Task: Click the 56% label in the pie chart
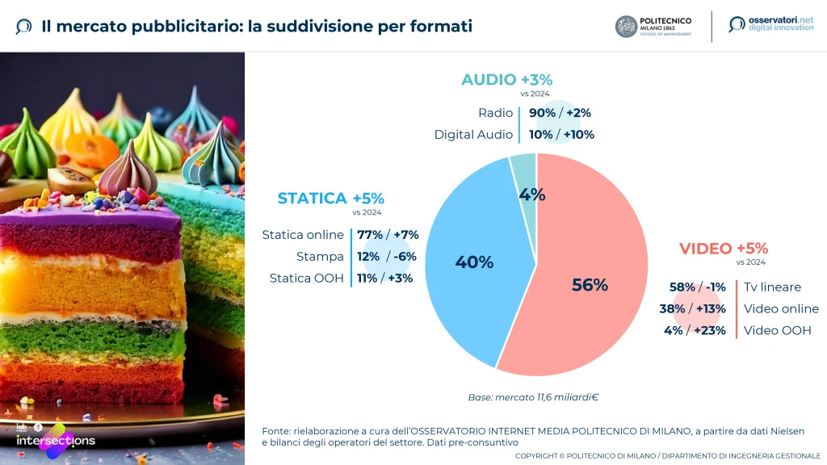pos(590,285)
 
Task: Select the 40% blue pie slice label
pos(474,262)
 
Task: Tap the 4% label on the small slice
pos(532,195)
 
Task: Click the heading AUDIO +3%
pos(506,80)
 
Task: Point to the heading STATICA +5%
pos(330,199)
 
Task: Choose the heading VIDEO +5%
pos(723,249)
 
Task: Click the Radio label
pos(495,113)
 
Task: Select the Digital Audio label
pos(473,135)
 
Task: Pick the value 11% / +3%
pos(384,279)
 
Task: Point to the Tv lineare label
pos(772,287)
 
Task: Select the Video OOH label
pos(777,330)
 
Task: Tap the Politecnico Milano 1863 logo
pos(653,27)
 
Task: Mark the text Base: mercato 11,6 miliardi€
pos(532,397)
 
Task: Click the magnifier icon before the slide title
pos(24,27)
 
